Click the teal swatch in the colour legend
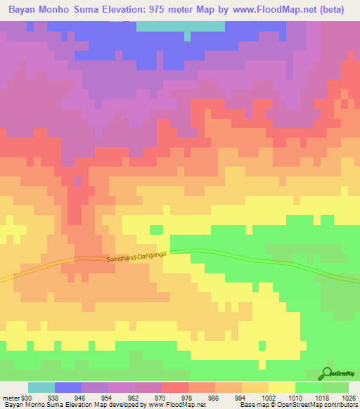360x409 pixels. [41, 388]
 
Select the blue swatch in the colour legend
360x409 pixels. [68, 388]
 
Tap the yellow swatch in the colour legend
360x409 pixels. [281, 388]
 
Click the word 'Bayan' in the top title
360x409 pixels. [24, 10]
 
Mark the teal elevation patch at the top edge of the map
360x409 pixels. [180, 26]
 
